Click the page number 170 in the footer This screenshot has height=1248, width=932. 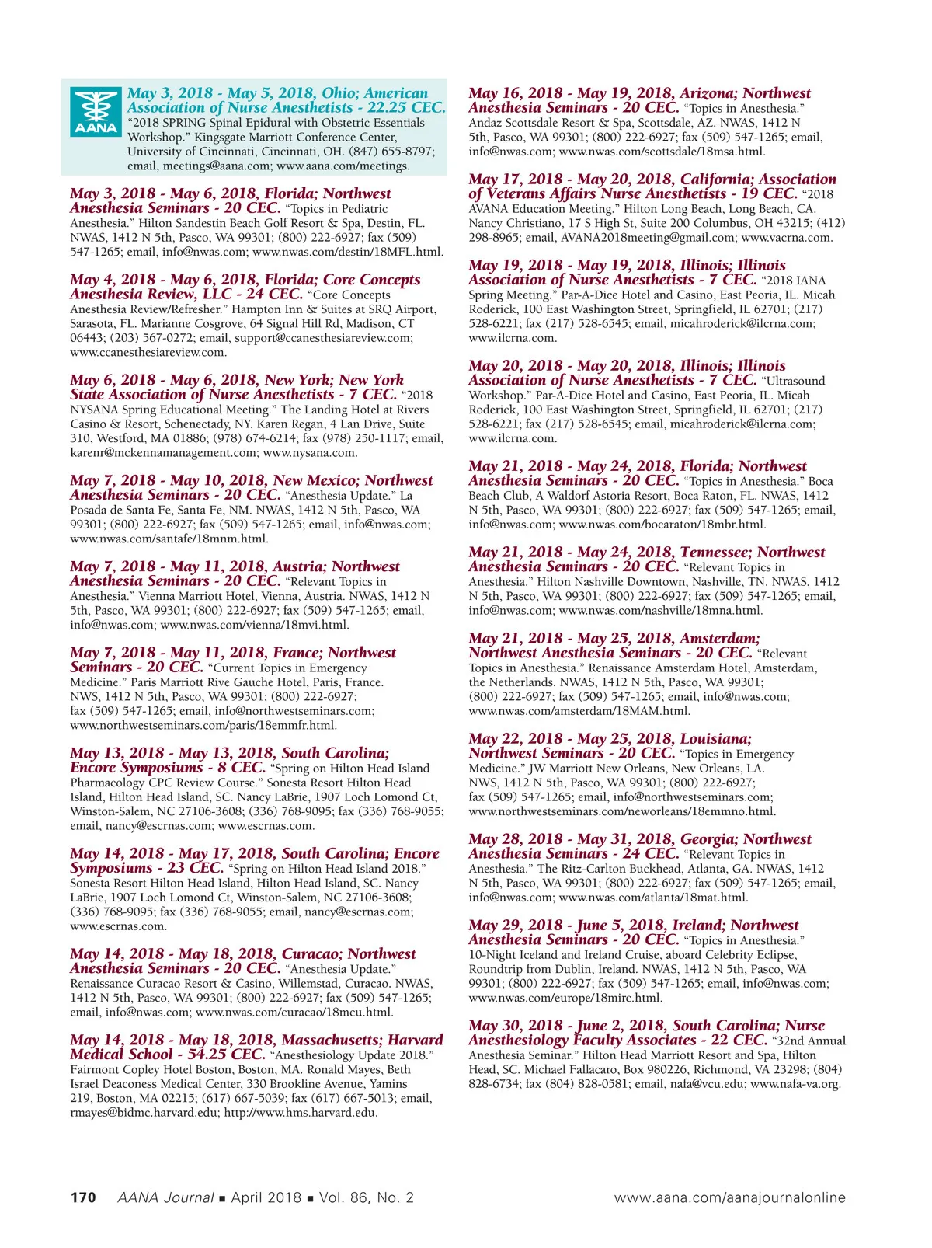coord(83,1197)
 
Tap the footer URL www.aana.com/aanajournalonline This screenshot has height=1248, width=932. coord(729,1197)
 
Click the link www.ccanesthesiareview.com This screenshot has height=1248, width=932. coord(148,352)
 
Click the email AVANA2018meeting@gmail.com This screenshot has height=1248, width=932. coord(648,237)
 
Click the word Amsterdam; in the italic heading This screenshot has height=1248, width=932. coord(720,639)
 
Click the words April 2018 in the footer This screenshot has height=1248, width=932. coord(266,1197)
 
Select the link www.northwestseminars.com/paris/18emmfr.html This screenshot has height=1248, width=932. coord(203,725)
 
